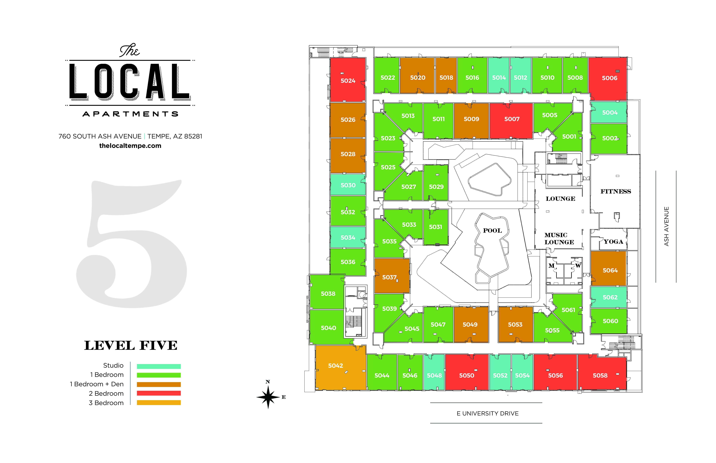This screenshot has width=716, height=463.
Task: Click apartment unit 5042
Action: [x=335, y=366]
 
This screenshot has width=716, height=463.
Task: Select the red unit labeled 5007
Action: [x=512, y=119]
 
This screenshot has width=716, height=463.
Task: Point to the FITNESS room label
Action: [x=615, y=192]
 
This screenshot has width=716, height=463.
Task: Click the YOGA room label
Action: [x=613, y=242]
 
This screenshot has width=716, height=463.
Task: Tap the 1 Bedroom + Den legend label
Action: [x=97, y=384]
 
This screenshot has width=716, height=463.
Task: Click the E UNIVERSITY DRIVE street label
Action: [x=487, y=413]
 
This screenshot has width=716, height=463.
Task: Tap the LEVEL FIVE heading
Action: [x=131, y=345]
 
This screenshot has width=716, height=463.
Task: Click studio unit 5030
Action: [x=348, y=185]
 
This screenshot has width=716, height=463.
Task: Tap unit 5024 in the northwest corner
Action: [x=348, y=81]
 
